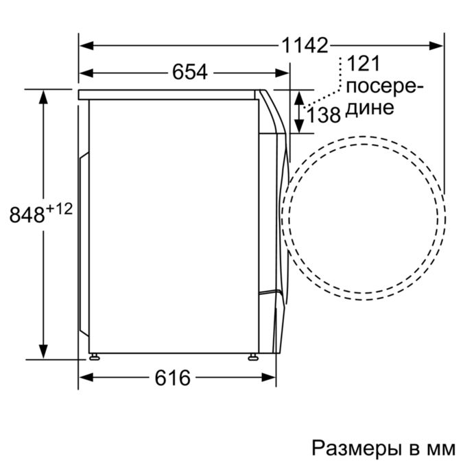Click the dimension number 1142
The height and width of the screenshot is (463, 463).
pyautogui.click(x=305, y=45)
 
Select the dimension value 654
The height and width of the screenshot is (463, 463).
pyautogui.click(x=190, y=72)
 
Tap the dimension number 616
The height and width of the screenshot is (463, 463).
pyautogui.click(x=172, y=378)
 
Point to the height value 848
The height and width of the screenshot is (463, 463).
pyautogui.click(x=27, y=215)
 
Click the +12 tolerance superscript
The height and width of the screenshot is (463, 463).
pyautogui.click(x=60, y=209)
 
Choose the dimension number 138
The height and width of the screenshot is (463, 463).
pyautogui.click(x=324, y=115)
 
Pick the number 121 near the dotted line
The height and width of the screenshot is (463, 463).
pyautogui.click(x=363, y=64)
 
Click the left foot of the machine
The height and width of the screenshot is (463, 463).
pyautogui.click(x=94, y=357)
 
